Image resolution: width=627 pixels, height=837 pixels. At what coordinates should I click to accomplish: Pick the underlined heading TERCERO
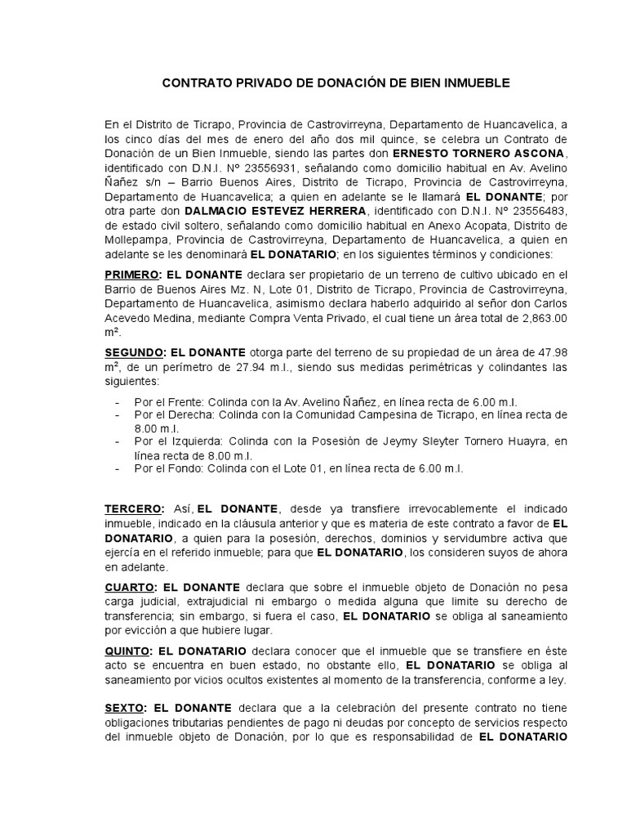pyautogui.click(x=133, y=508)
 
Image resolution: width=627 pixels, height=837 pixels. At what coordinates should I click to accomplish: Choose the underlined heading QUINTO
pyautogui.click(x=127, y=650)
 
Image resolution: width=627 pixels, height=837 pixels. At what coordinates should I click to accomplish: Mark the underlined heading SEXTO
pyautogui.click(x=125, y=707)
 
